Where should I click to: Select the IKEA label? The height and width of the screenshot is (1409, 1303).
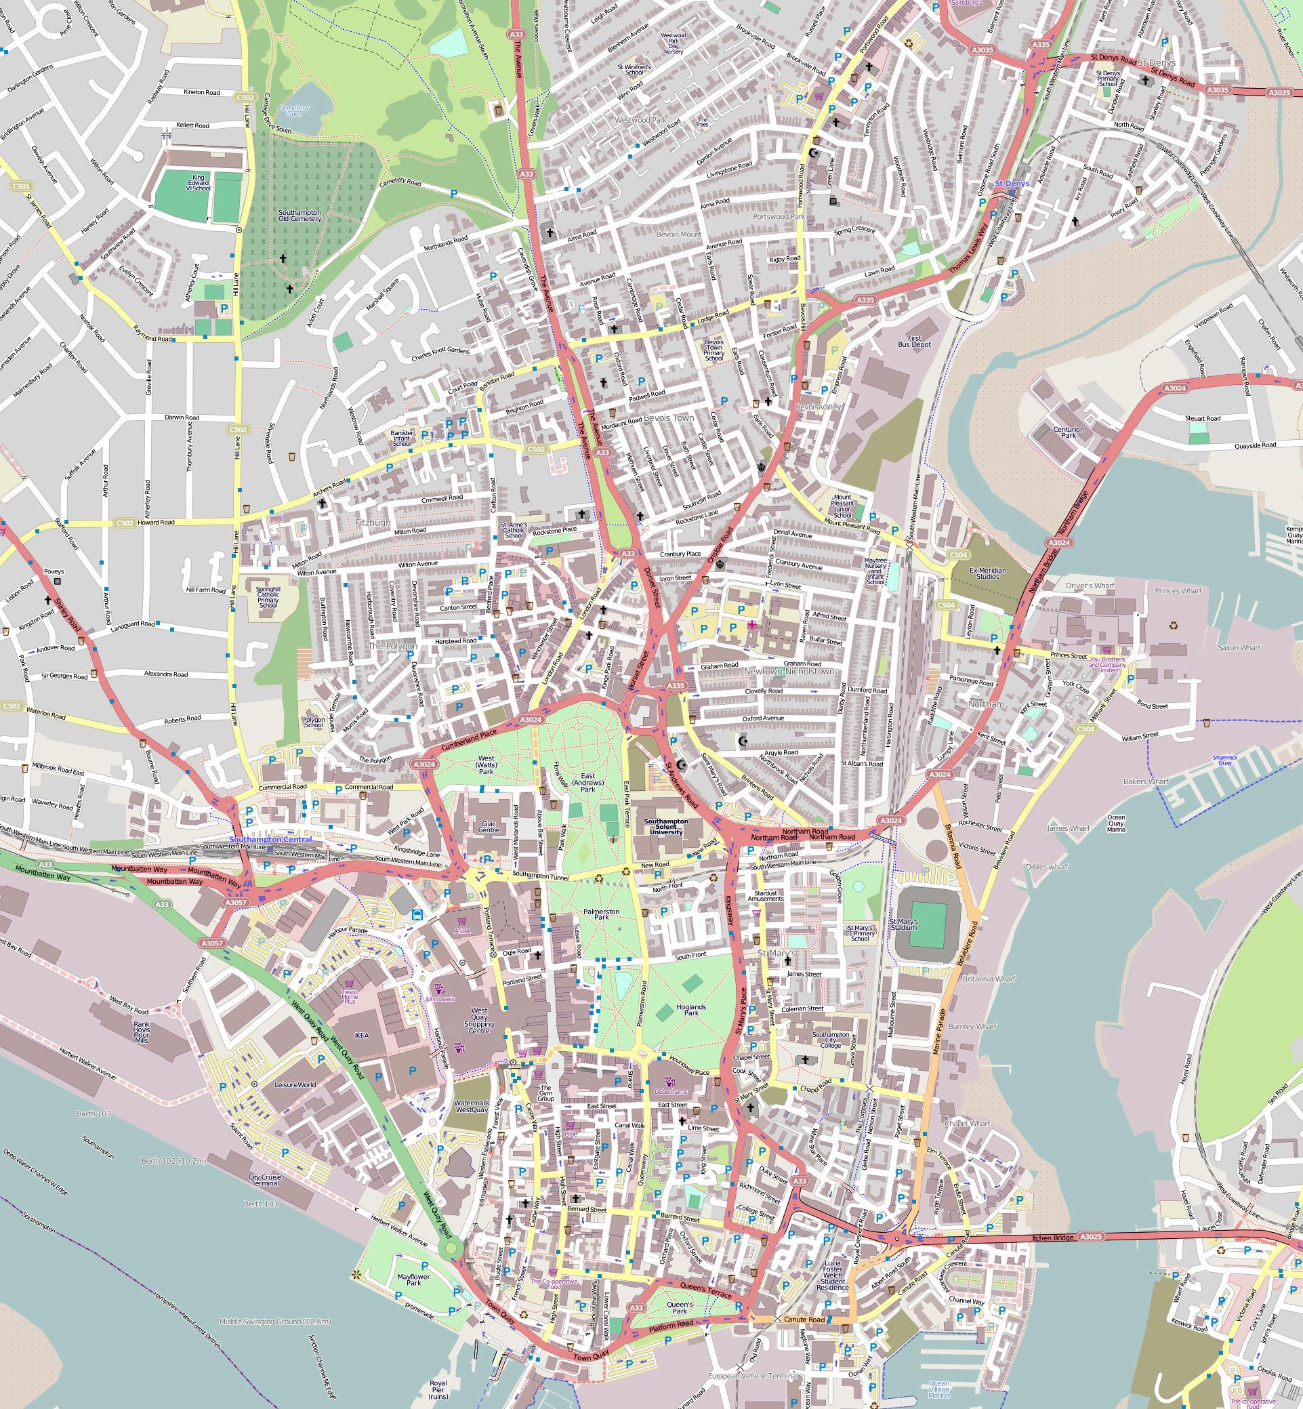point(362,1036)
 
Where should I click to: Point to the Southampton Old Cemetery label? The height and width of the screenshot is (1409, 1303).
point(299,215)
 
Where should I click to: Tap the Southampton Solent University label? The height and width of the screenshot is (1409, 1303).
point(666,827)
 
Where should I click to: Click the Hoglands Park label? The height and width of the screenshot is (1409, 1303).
point(691,1010)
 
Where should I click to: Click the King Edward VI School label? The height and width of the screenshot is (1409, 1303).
point(198,183)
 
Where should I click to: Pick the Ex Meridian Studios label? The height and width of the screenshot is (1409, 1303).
point(988,573)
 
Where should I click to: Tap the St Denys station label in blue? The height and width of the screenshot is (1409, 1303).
point(1012,184)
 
